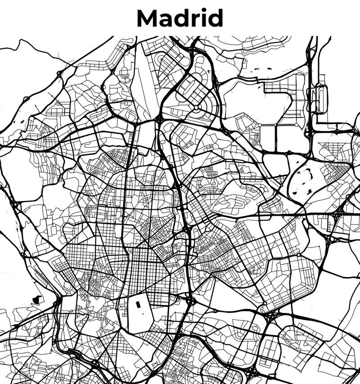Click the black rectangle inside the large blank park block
click(x=138, y=305)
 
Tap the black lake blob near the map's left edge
click(x=36, y=299)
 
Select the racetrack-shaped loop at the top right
click(x=321, y=99)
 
